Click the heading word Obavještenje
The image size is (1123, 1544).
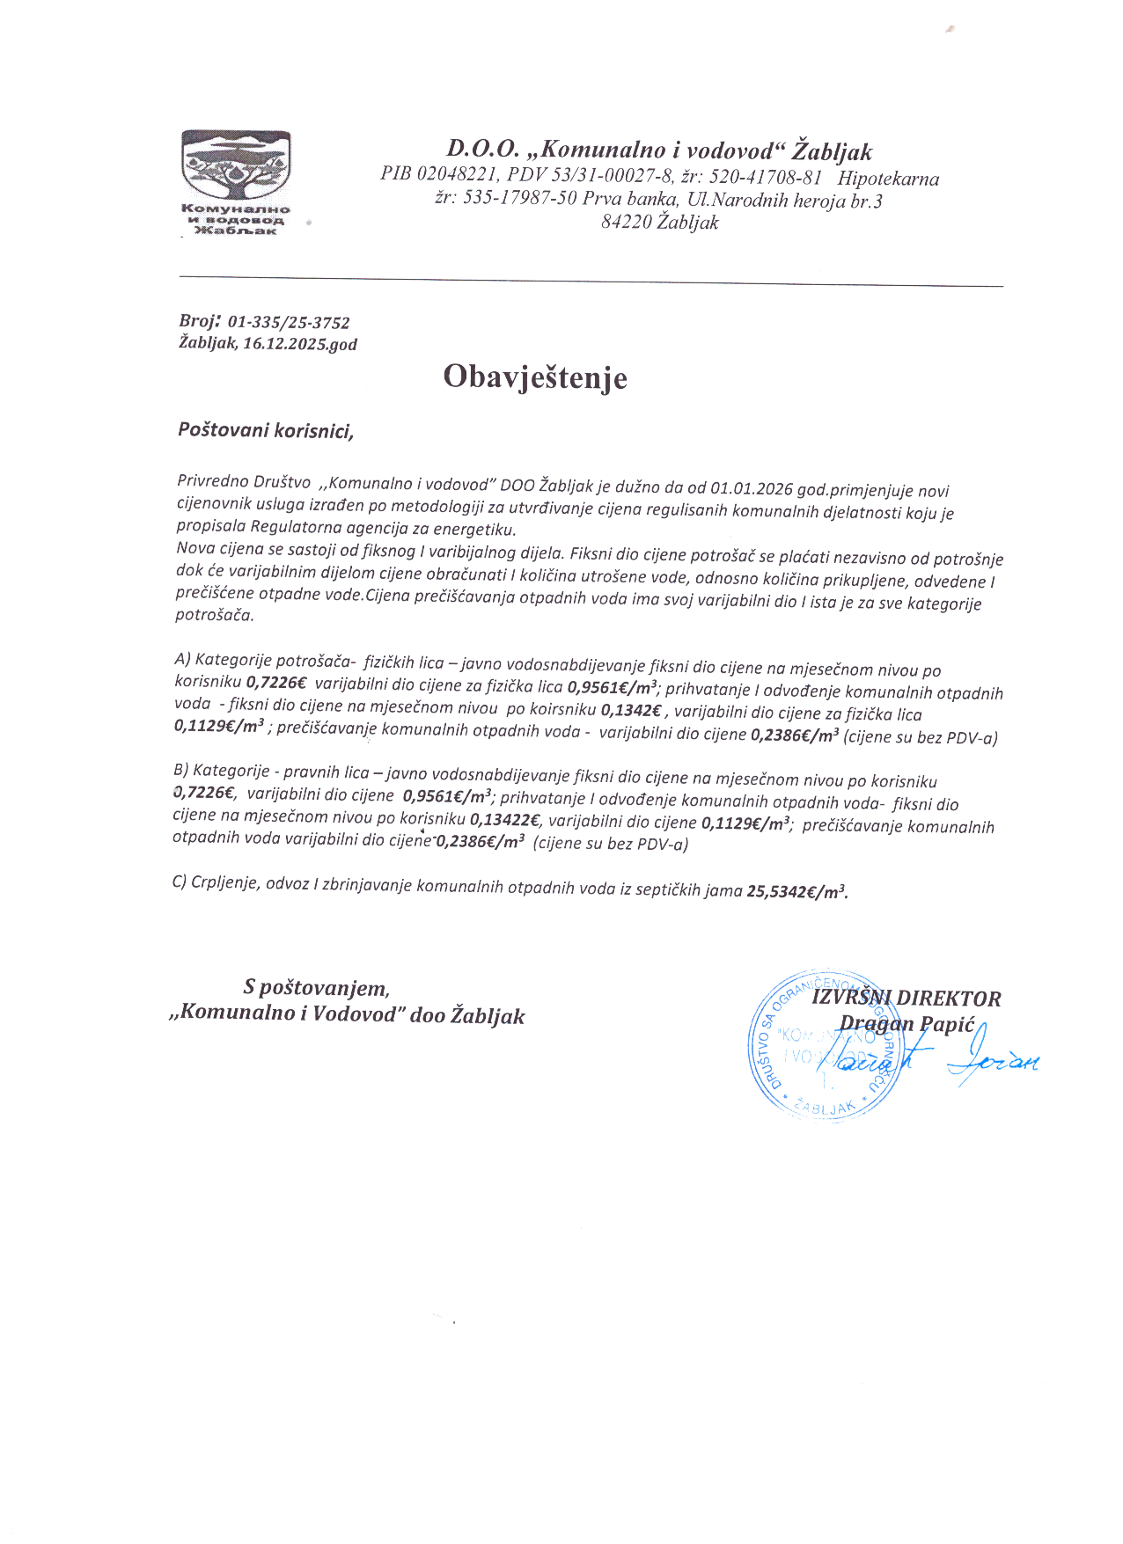(x=535, y=377)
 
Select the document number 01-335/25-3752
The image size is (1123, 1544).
(x=289, y=323)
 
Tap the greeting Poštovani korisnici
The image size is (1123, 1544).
(x=266, y=430)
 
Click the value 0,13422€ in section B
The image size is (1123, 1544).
(x=506, y=821)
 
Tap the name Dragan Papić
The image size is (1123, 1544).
(x=907, y=1024)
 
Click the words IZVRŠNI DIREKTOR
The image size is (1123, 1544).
(x=906, y=999)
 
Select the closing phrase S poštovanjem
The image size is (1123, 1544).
(x=317, y=988)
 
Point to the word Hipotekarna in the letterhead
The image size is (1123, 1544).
(x=888, y=179)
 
